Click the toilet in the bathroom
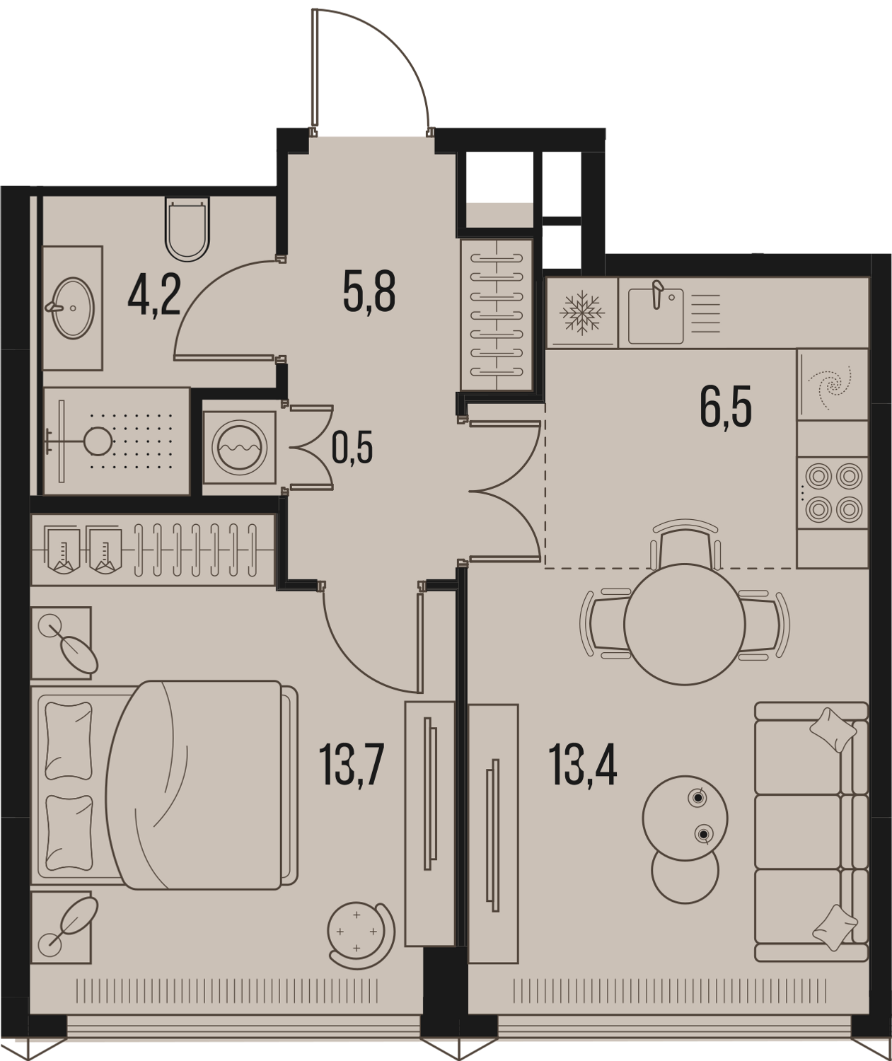[x=188, y=229]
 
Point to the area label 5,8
[x=369, y=291]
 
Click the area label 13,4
[x=582, y=765]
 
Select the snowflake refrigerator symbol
[x=582, y=312]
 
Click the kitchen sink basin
[x=656, y=316]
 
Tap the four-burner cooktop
[x=833, y=493]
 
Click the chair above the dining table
[x=685, y=543]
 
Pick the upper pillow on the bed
[x=69, y=741]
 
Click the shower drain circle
[x=98, y=441]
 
